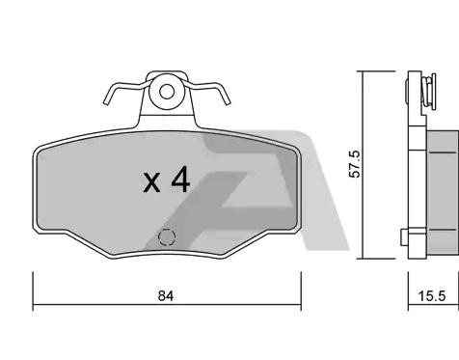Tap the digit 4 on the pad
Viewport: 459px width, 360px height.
click(x=180, y=179)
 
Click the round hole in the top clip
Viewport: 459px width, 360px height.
click(x=167, y=93)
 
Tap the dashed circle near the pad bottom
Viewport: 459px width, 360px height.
click(x=166, y=236)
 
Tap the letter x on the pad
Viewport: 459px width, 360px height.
click(x=151, y=180)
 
